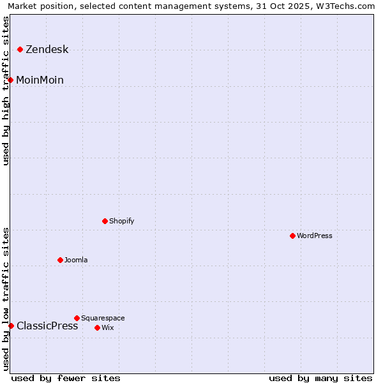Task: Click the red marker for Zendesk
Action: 20,49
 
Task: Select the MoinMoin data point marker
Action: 11,80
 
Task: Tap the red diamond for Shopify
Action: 105,221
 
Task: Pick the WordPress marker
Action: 292,236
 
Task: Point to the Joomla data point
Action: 60,260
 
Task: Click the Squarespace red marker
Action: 77,318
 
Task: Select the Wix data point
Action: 97,327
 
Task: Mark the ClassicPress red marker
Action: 11,326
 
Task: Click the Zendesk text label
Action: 47,50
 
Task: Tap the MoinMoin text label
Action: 40,80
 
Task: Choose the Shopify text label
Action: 121,222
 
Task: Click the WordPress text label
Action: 314,236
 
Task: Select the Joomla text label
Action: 76,260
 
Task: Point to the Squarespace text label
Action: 103,319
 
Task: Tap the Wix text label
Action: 107,328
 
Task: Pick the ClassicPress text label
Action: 47,326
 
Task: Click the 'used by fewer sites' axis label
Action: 66,379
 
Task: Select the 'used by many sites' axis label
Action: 320,379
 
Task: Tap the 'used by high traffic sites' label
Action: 6,90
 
